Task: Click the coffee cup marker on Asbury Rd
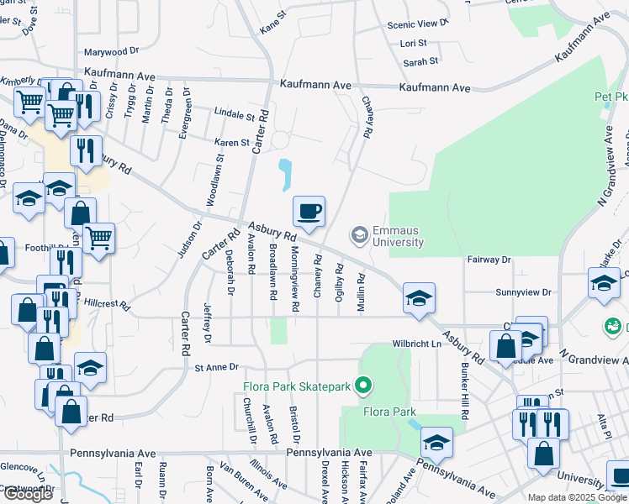pos(309,211)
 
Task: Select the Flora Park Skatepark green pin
pos(363,386)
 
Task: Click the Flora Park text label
pos(389,412)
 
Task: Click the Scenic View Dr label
pos(414,25)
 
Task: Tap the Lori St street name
pos(414,43)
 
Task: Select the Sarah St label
pos(420,61)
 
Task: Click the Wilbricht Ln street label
pos(416,344)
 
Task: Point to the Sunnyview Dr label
pos(523,292)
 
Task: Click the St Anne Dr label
pos(217,367)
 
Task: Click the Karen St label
pos(232,142)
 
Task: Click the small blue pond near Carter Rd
pos(285,175)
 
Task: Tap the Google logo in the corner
pos(28,494)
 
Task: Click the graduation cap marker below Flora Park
pos(437,442)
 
